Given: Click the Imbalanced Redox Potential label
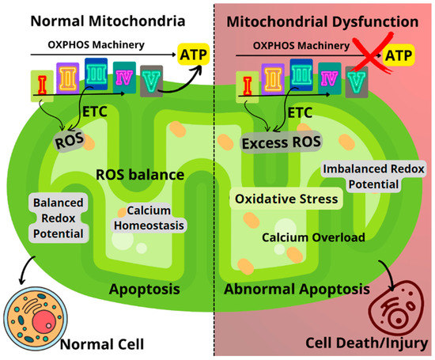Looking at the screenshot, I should click(375, 176).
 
